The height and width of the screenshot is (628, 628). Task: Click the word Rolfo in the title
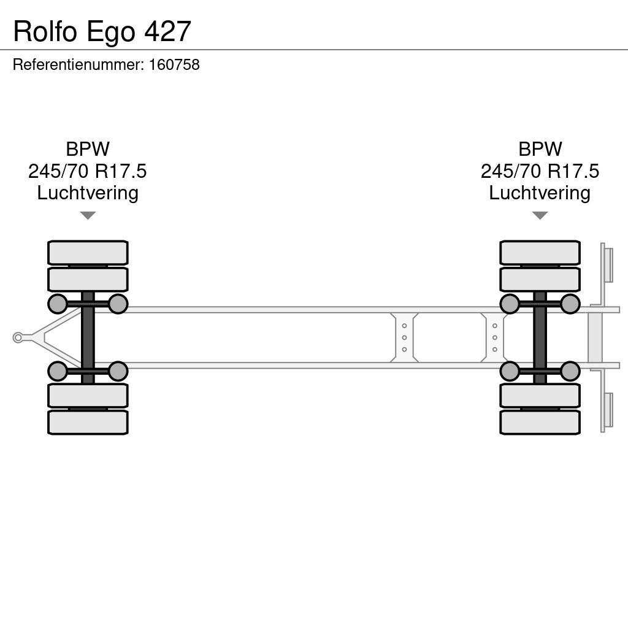pos(46,31)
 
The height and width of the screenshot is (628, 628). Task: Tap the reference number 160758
pos(174,65)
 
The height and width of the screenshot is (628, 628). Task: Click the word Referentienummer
pos(78,65)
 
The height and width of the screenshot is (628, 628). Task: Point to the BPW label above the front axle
pos(88,149)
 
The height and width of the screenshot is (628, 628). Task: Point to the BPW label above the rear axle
pos(540,149)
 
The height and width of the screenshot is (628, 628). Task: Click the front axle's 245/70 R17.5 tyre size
pos(88,171)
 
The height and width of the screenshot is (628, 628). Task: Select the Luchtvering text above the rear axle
pos(540,193)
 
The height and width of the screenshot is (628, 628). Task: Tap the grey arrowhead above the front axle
pos(88,215)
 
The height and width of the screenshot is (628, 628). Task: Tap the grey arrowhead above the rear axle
pos(540,215)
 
